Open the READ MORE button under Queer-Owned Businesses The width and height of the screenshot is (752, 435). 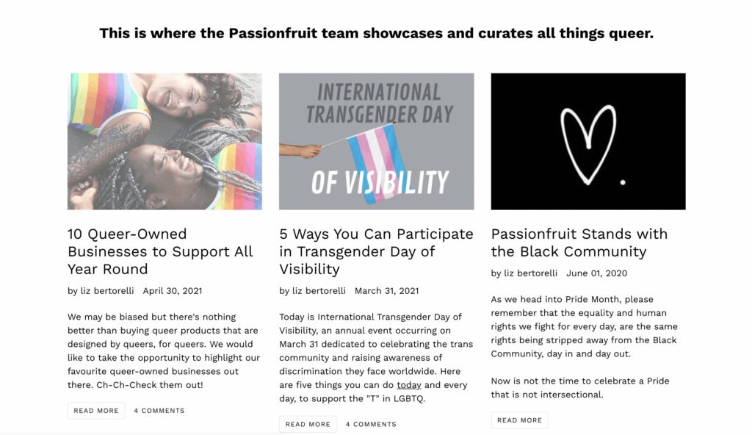[x=96, y=411]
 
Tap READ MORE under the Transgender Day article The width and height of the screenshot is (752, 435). [x=308, y=424]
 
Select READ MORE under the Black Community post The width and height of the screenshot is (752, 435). [x=519, y=420]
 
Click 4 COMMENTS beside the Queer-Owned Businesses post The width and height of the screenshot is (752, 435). [x=159, y=411]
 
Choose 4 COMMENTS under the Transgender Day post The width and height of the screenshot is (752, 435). [x=371, y=424]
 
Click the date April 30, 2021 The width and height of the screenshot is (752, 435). [x=172, y=291]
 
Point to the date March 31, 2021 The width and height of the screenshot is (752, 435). [x=386, y=291]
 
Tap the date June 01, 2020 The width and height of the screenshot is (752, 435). [x=596, y=273]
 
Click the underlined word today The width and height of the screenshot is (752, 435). [x=408, y=385]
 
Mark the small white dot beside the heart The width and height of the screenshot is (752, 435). [x=623, y=182]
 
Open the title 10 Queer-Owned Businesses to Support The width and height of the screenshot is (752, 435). [x=160, y=251]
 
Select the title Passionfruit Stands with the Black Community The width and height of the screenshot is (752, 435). [x=579, y=242]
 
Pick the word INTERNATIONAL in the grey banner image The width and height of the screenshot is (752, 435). [x=379, y=92]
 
